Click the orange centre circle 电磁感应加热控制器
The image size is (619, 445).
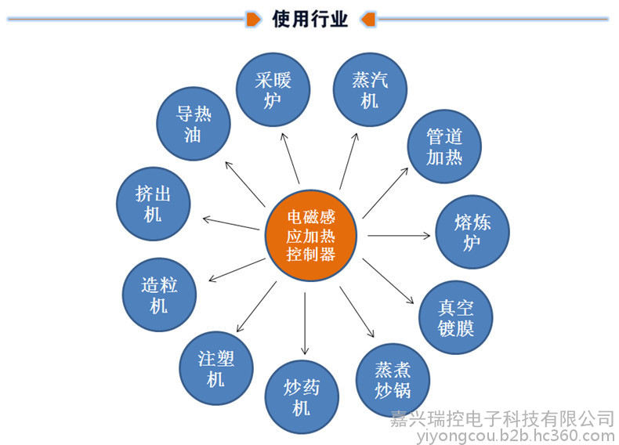(311, 236)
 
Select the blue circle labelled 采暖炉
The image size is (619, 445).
(273, 89)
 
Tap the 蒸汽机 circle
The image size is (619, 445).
(370, 89)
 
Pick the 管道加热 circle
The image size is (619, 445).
(444, 146)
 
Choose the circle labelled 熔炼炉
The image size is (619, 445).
(472, 232)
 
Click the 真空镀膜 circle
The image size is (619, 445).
(455, 317)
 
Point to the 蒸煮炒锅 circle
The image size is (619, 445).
(393, 380)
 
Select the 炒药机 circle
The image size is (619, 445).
(302, 397)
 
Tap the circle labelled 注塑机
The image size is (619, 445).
(216, 368)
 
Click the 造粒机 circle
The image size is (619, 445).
(159, 295)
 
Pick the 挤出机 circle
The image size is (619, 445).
(153, 204)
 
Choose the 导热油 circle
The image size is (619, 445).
(194, 124)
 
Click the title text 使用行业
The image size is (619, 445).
(310, 19)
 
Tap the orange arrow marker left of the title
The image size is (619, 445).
(253, 19)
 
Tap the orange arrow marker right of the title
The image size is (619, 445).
(368, 19)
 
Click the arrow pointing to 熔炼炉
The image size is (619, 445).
(399, 236)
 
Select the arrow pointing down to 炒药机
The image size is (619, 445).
(305, 324)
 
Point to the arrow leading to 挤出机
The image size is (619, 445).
(231, 223)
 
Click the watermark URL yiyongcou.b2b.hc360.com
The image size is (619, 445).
(516, 436)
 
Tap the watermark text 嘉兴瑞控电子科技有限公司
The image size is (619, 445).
(502, 419)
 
